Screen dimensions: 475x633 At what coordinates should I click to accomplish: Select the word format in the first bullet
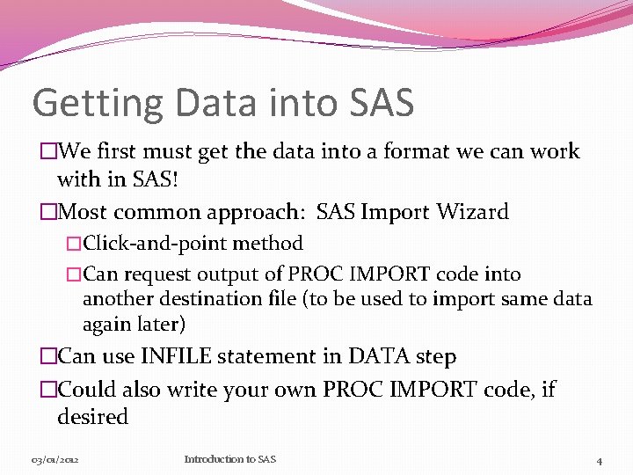click(x=367, y=151)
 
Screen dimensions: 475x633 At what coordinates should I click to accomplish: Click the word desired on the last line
click(x=92, y=417)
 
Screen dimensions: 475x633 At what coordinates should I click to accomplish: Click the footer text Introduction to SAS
click(x=229, y=459)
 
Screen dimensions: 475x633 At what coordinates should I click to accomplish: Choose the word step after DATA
click(x=435, y=357)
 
